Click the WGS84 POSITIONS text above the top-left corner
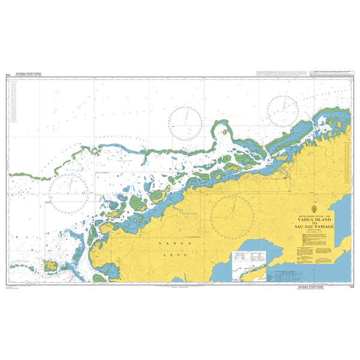tap(27, 74)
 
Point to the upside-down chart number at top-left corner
tap(8, 74)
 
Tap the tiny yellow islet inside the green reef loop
tap(224, 130)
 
